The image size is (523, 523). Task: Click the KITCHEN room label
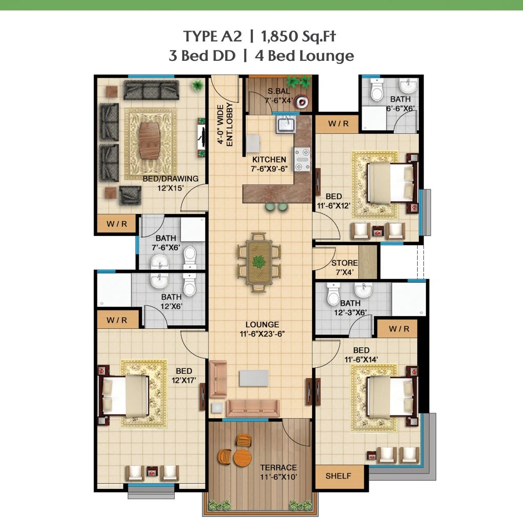[x=269, y=160]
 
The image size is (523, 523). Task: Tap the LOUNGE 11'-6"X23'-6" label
[x=262, y=329]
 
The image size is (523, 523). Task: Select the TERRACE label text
[x=278, y=468]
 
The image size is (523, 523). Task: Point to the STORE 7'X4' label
[x=345, y=268]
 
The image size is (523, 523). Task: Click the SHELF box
[x=339, y=476]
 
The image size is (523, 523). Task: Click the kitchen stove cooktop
[x=302, y=159]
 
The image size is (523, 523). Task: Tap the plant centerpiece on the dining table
[x=259, y=261]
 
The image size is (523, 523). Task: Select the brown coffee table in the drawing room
[x=150, y=141]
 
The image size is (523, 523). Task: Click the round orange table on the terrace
[x=243, y=458]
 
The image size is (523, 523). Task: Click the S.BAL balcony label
[x=279, y=91]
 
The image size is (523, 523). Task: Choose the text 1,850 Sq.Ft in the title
[x=298, y=36]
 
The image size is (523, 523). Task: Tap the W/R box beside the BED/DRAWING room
[x=117, y=224]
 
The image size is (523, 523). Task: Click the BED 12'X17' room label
[x=184, y=375]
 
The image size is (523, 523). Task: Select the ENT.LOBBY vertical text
[x=229, y=125]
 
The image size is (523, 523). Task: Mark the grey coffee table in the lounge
[x=254, y=378]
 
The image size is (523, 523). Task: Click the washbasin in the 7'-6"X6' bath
[x=160, y=262]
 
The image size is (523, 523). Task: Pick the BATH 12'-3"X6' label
[x=350, y=307]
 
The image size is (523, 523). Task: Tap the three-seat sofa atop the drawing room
[x=151, y=90]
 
